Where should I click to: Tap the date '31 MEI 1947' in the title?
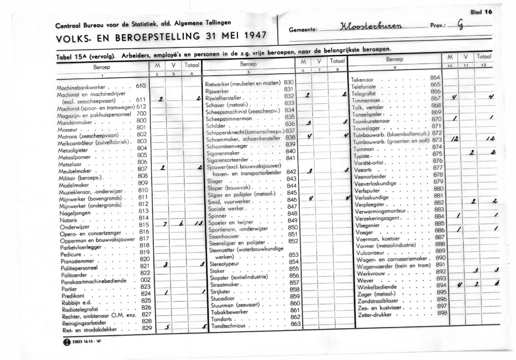tap(236, 36)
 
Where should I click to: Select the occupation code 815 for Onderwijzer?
tap(144, 225)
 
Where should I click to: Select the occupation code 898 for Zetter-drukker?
tap(442, 313)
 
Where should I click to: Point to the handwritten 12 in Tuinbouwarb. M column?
tap(454, 140)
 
